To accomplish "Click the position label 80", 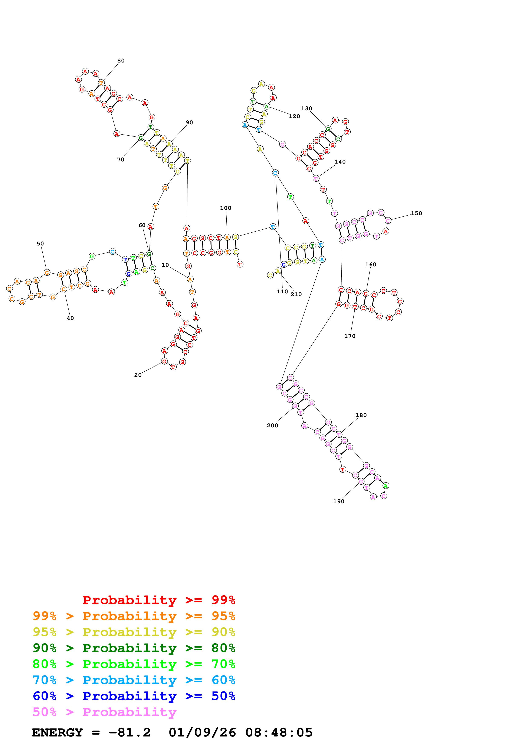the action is (x=121, y=61).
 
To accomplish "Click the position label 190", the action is (x=339, y=501).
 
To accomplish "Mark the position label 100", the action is (x=226, y=208).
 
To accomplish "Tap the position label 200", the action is (x=272, y=425).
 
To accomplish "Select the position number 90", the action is (x=189, y=122).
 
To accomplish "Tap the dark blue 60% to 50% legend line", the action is (x=134, y=696).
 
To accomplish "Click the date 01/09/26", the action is (x=202, y=732).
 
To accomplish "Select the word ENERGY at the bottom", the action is (x=57, y=732).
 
